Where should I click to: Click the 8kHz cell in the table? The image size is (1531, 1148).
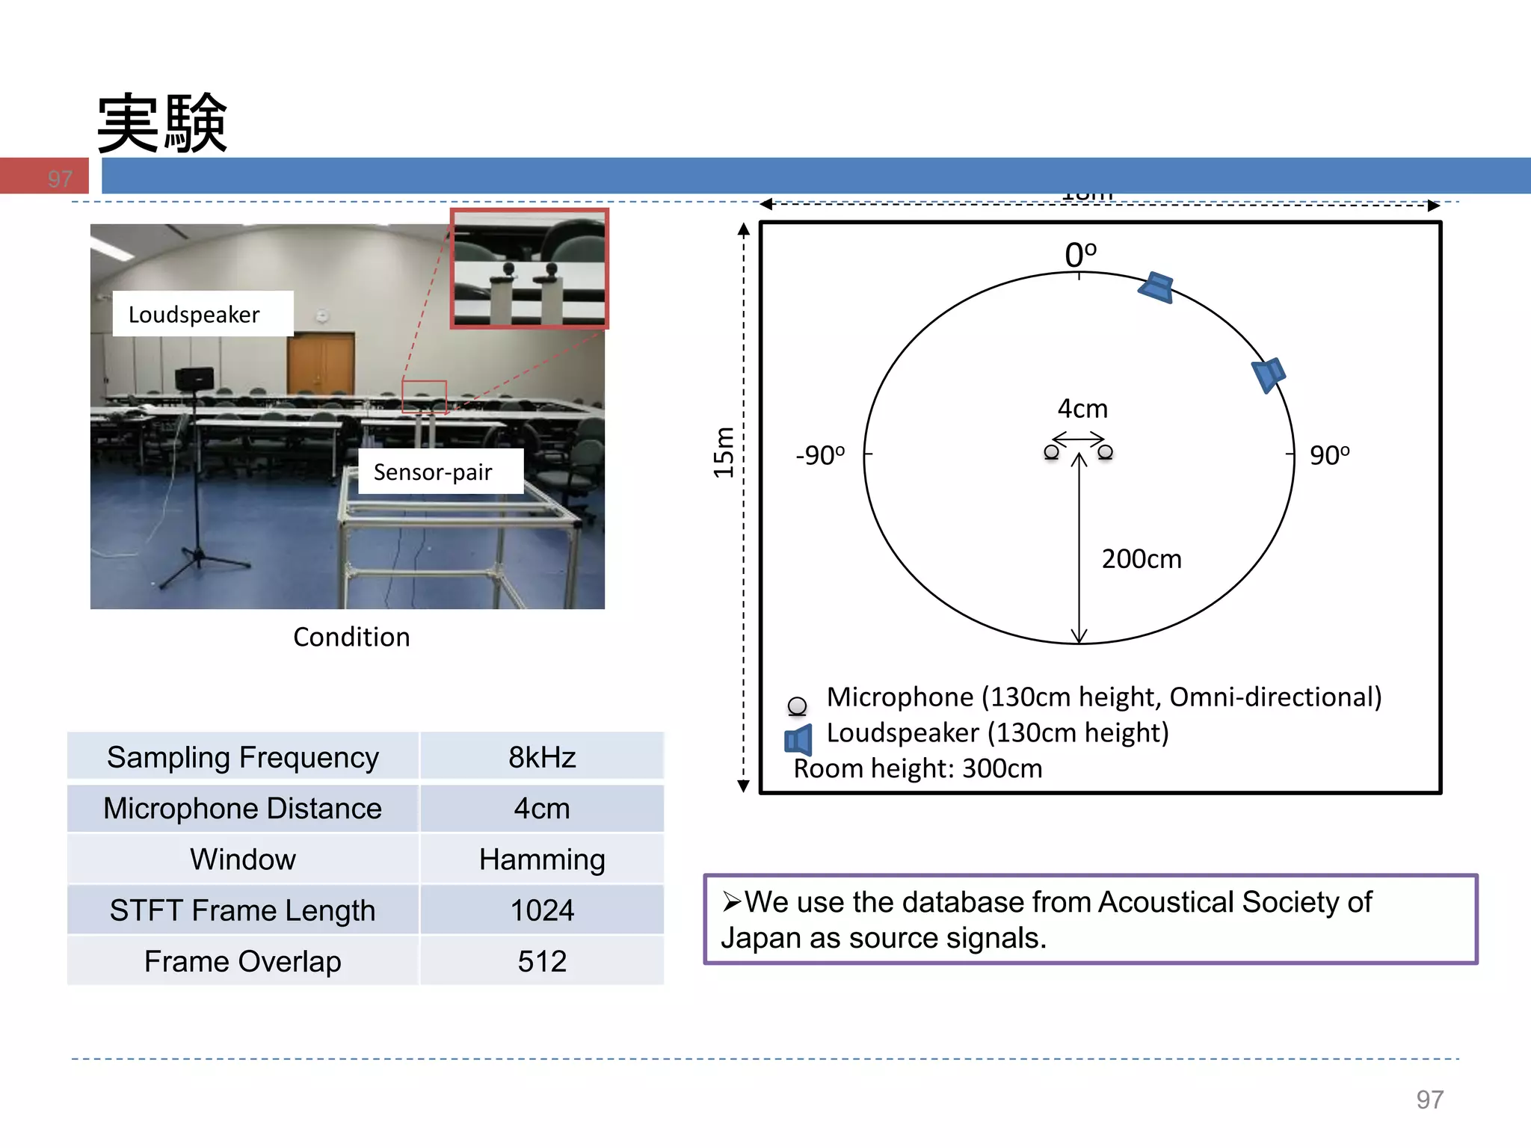(x=542, y=757)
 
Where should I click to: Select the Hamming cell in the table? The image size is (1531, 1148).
(x=542, y=860)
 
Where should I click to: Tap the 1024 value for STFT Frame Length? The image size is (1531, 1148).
(x=542, y=910)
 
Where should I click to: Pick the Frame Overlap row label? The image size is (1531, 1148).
(x=242, y=961)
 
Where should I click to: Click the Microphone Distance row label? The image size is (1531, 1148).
(x=242, y=809)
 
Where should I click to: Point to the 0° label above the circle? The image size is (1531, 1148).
(x=1080, y=255)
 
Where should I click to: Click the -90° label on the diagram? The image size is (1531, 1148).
(x=820, y=455)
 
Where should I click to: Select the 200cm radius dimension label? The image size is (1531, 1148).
(x=1142, y=559)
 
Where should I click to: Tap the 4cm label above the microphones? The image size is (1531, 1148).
(x=1082, y=409)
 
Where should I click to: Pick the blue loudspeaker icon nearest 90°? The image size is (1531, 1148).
(x=1269, y=374)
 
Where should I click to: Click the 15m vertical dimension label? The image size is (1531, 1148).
(x=723, y=452)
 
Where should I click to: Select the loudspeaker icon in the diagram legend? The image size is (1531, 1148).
(x=798, y=740)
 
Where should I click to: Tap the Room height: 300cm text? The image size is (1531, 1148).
(x=917, y=768)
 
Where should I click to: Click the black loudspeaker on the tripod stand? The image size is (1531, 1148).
(x=194, y=379)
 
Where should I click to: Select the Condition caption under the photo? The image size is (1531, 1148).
(x=351, y=637)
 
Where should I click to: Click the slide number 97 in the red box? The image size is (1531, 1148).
(x=60, y=179)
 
